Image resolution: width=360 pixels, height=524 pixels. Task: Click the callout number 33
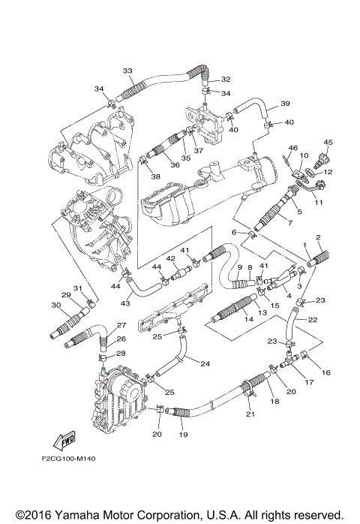click(x=127, y=71)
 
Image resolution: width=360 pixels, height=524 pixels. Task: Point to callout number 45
click(x=328, y=142)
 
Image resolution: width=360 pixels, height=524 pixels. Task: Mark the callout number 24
click(x=204, y=363)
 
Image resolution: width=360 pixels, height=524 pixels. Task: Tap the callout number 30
click(x=55, y=305)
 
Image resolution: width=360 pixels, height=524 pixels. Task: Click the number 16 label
click(x=325, y=372)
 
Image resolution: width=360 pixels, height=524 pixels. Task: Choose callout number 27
click(x=120, y=325)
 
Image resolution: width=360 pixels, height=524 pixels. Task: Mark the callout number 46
click(x=293, y=148)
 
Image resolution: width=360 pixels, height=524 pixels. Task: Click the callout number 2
click(x=319, y=239)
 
